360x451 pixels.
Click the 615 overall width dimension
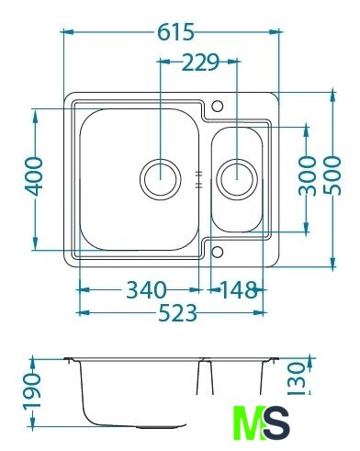175,32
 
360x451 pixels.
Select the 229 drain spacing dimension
200,62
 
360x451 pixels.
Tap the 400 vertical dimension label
34,176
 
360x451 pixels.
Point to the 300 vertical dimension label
307,175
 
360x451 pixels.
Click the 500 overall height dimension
332,175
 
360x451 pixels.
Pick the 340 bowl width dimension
147,290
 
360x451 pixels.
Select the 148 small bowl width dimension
239,290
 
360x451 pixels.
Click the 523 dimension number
178,313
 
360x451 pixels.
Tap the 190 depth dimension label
32,391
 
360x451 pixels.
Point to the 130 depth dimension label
298,378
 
